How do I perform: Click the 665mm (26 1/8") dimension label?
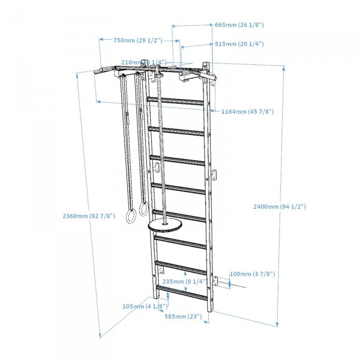(239, 25)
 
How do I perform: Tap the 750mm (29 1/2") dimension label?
(137, 40)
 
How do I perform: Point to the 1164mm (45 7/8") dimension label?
(247, 112)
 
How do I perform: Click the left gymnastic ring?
(129, 215)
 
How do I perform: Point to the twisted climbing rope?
(160, 150)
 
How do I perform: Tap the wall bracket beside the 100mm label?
(228, 281)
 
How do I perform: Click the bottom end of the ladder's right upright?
(211, 310)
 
